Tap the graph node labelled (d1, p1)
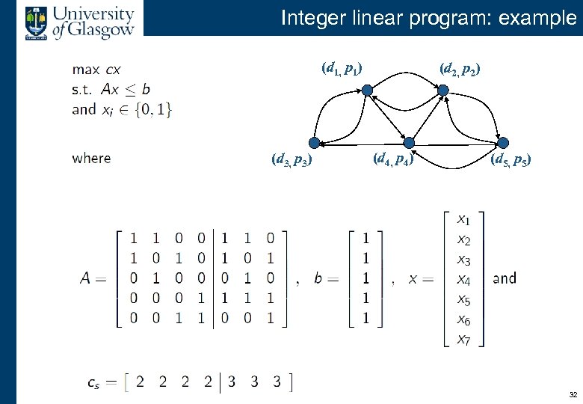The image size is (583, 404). [x=368, y=91]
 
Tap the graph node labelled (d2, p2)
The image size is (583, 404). [x=442, y=91]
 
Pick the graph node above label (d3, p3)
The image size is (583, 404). [x=315, y=143]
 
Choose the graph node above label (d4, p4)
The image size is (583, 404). [x=408, y=143]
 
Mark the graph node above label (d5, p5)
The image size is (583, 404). [x=503, y=143]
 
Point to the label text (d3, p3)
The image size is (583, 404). [x=291, y=159]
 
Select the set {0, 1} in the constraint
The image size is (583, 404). [x=156, y=109]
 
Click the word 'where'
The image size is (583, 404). [x=91, y=158]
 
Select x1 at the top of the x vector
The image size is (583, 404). [x=463, y=220]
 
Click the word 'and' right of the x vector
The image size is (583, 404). [x=505, y=278]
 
